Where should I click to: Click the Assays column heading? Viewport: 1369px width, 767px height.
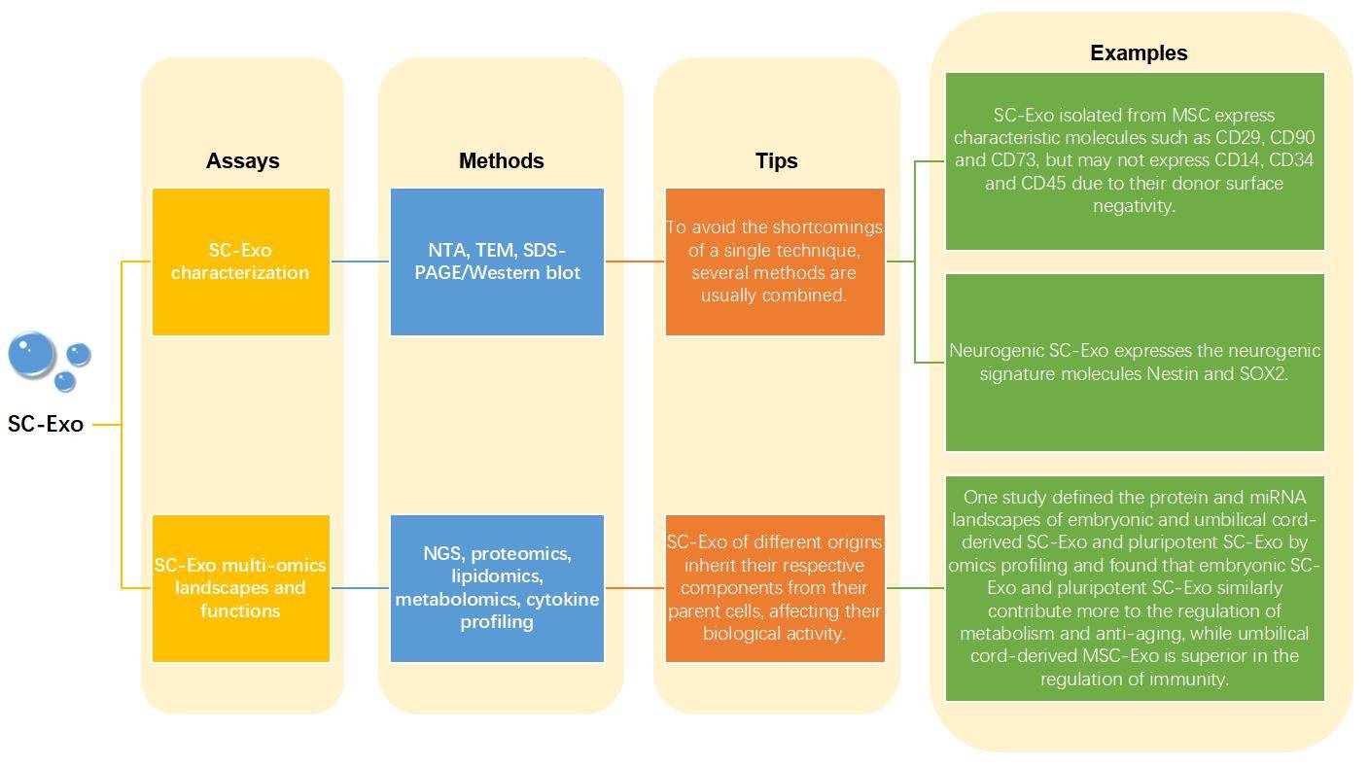coord(242,161)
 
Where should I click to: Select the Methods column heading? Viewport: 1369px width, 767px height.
coord(501,161)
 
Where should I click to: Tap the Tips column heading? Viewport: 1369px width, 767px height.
coord(776,161)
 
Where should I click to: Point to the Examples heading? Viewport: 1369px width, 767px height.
coord(1138,53)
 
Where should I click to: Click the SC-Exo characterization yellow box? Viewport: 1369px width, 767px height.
coord(241,261)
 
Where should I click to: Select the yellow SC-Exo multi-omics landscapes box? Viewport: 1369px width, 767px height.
coord(241,588)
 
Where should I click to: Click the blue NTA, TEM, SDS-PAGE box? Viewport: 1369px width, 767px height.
coord(497,261)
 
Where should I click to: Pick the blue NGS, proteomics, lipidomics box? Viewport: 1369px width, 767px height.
coord(497,588)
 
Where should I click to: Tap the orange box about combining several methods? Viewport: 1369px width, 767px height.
coord(775,261)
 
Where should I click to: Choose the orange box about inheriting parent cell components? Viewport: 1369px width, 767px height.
coord(775,588)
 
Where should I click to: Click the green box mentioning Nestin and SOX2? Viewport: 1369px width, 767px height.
coord(1135,363)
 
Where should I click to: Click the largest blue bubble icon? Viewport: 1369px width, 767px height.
coord(31,355)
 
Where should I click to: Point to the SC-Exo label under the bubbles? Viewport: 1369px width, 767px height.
coord(46,425)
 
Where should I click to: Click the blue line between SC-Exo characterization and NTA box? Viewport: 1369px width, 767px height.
coord(360,261)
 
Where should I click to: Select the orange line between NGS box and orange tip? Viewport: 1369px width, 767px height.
coord(635,588)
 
